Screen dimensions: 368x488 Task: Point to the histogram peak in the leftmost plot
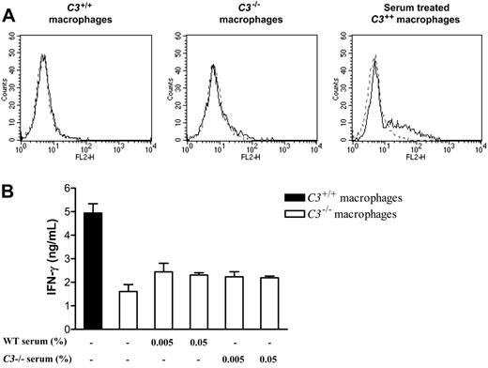[x=43, y=55]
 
